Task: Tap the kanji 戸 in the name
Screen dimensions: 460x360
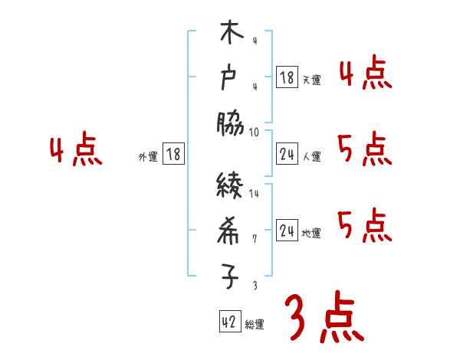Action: click(230, 79)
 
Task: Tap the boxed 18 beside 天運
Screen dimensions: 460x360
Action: click(287, 77)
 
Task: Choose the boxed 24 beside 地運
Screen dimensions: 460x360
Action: click(287, 231)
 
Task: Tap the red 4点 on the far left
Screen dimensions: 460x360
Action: click(76, 150)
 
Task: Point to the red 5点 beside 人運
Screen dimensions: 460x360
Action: click(365, 149)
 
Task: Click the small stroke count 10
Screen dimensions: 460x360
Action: click(255, 132)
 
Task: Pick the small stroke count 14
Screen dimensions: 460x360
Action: click(255, 194)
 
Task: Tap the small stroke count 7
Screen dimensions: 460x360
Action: click(255, 238)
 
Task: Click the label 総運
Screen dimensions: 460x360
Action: click(255, 325)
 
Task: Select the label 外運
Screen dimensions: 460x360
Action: click(148, 156)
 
